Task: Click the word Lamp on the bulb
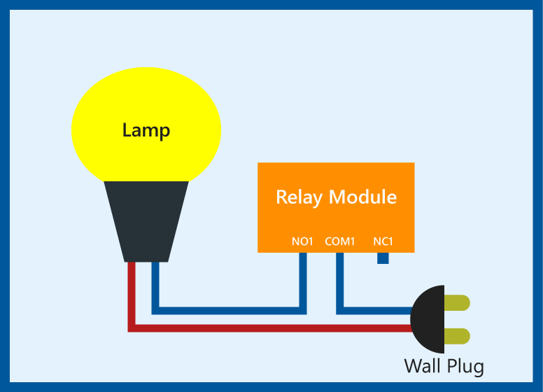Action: coord(146,130)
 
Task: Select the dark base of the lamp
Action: coord(146,220)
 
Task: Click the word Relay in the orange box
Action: coord(299,197)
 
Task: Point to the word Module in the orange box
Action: coord(362,197)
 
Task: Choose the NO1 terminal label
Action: coord(302,241)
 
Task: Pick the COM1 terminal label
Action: coord(340,241)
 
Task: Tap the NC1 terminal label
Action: coord(383,241)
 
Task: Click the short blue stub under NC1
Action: coord(383,258)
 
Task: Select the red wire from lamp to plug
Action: coord(266,328)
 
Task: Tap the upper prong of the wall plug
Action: coord(456,303)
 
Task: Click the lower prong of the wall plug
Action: coord(456,335)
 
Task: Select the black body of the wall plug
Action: coord(429,319)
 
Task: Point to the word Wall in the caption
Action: coord(422,365)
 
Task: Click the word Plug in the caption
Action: coord(465,366)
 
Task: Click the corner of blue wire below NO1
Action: coord(303,310)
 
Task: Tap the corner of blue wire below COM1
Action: coord(340,310)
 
